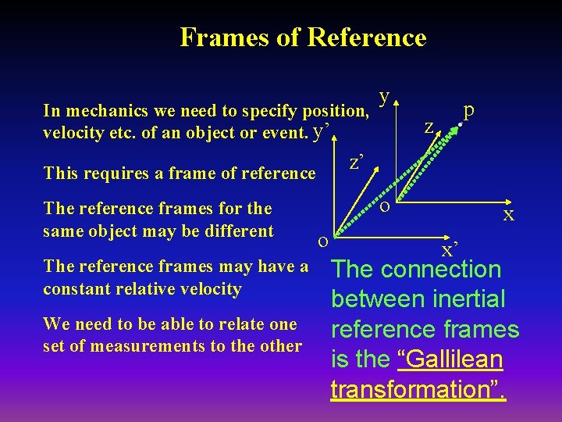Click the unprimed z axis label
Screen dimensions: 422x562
click(x=429, y=126)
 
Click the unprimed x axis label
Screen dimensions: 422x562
click(x=508, y=214)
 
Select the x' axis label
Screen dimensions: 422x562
click(x=450, y=249)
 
